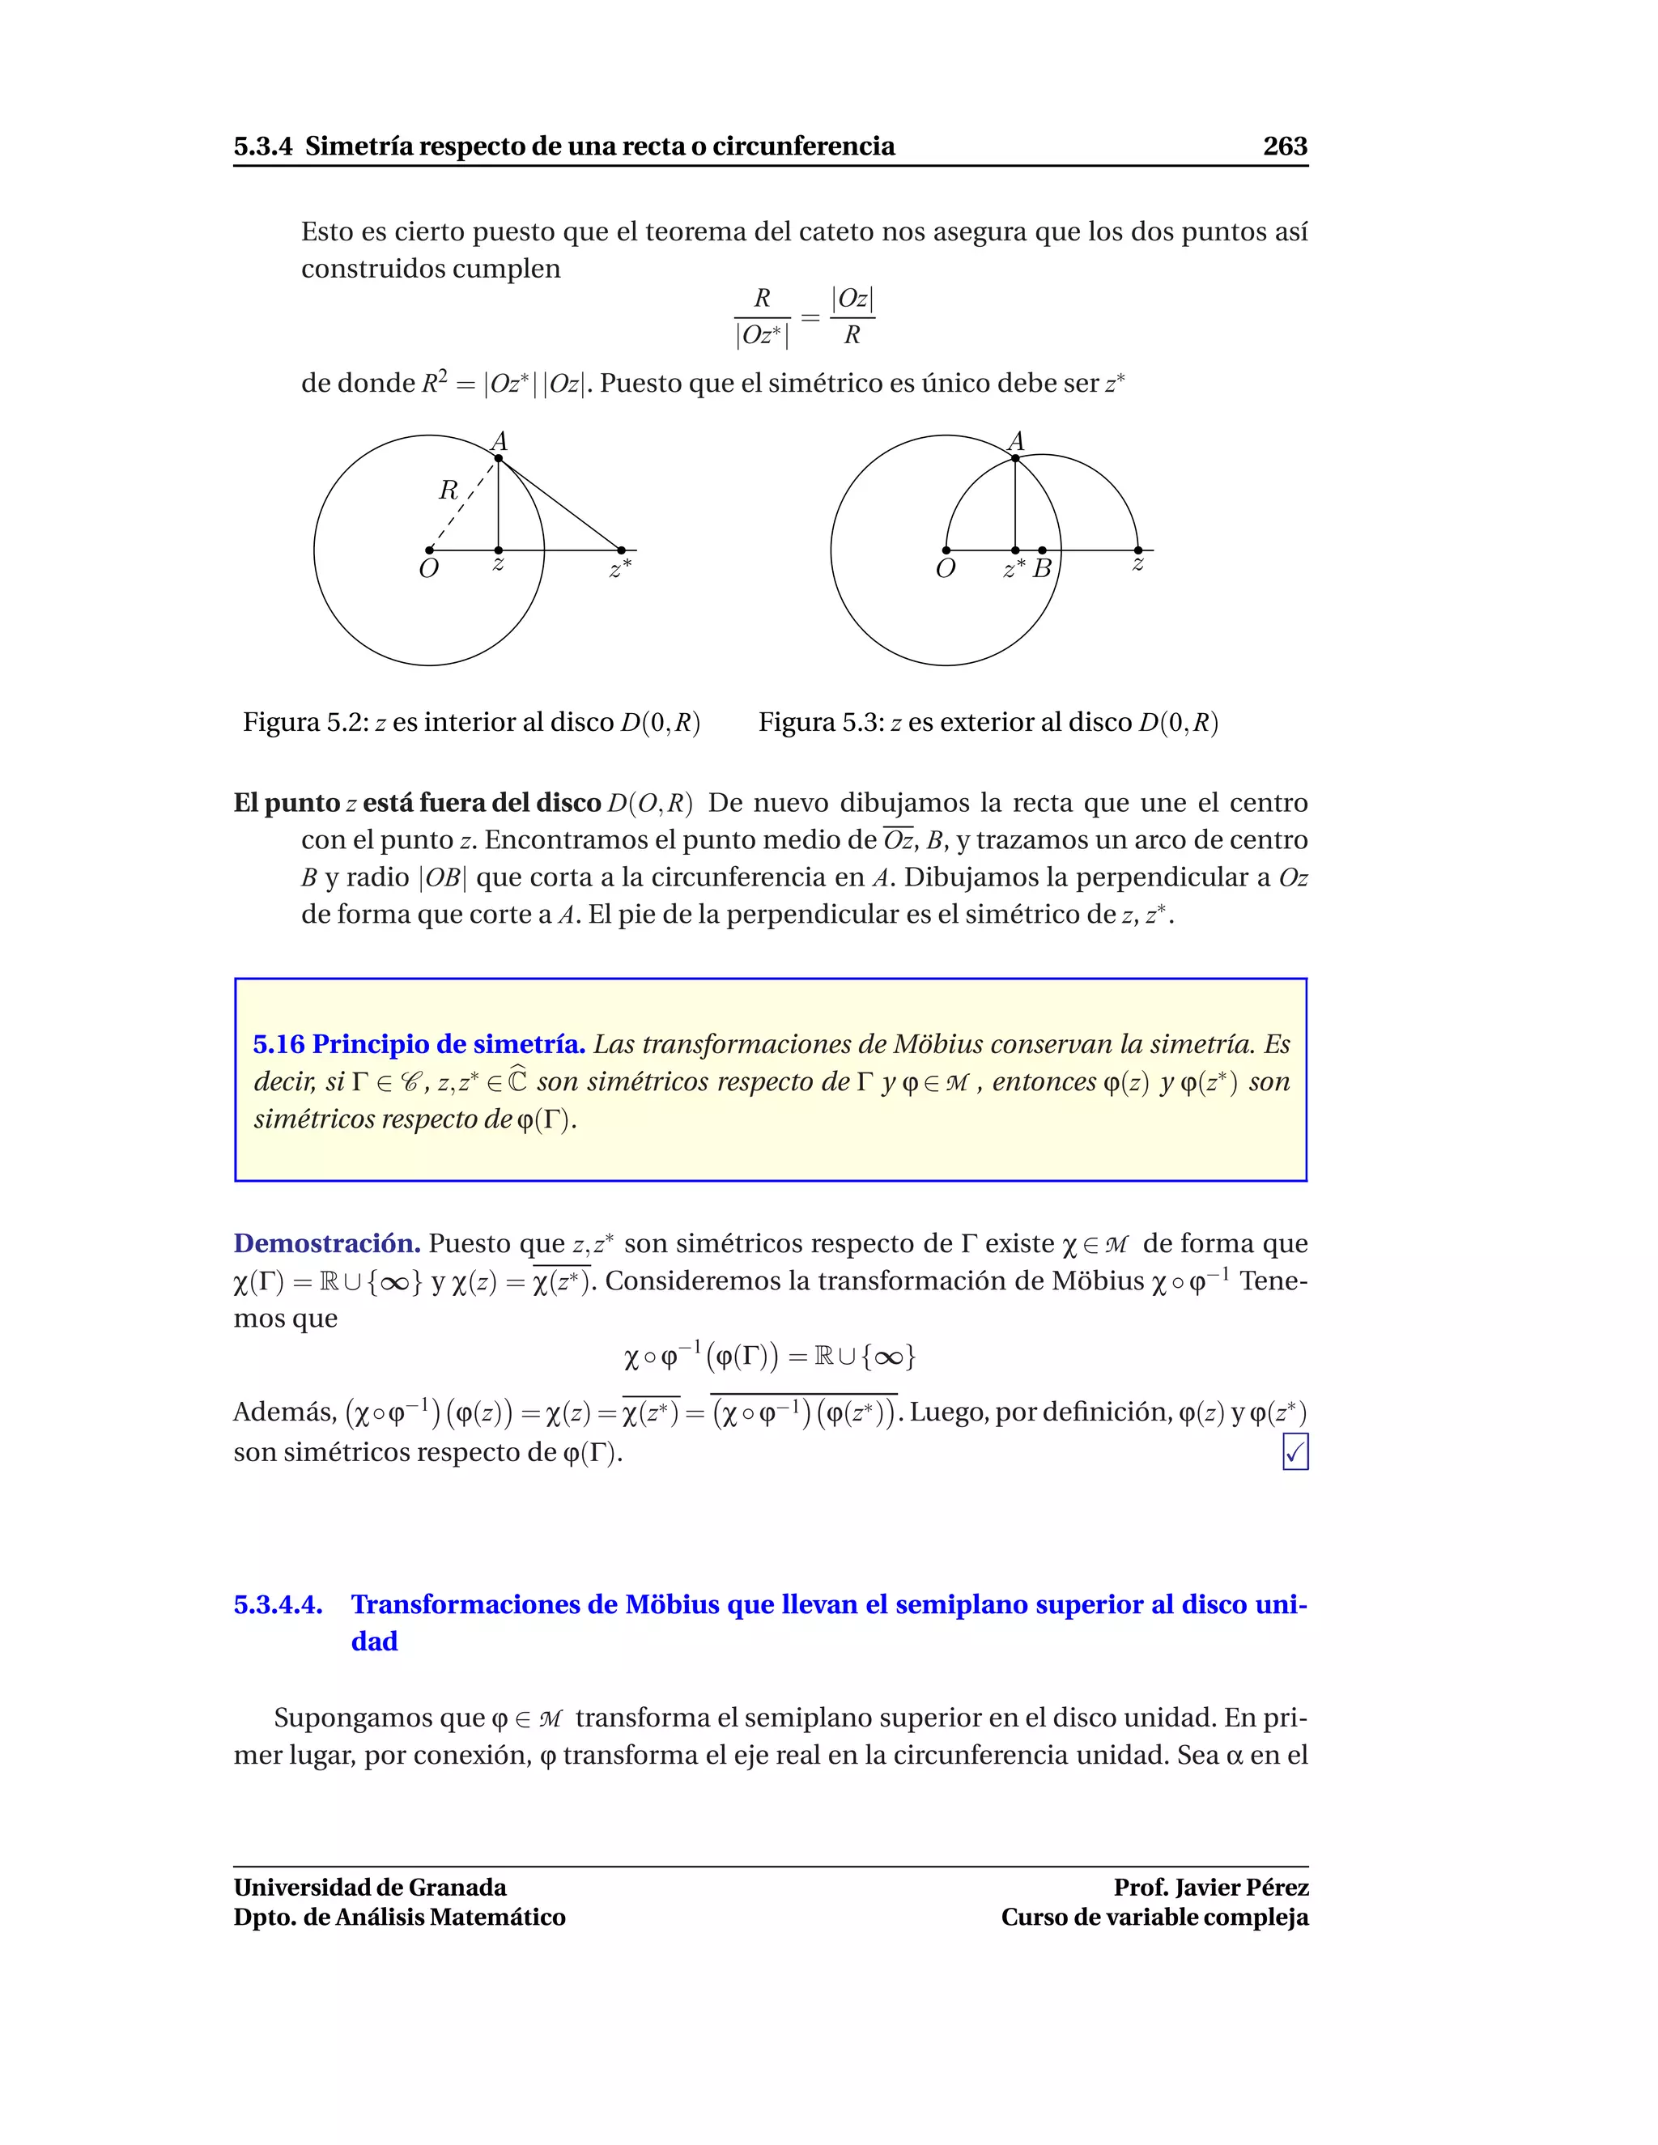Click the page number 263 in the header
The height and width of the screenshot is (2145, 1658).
point(1284,147)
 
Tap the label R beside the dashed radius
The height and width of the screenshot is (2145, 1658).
point(448,489)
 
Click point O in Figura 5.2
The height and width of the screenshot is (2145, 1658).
point(429,550)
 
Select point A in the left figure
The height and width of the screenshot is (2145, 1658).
point(498,457)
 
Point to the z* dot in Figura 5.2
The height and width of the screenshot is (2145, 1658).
point(621,550)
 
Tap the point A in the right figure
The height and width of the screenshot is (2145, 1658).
point(1014,457)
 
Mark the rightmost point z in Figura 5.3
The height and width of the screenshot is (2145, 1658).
point(1137,550)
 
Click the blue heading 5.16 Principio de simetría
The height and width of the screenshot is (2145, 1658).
point(419,1044)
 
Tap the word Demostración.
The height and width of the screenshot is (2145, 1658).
point(327,1243)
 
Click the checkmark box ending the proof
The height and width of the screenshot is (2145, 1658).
point(1295,1451)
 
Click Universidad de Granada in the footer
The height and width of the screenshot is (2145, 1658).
point(370,1887)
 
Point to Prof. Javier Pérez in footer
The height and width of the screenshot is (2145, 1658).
point(1210,1887)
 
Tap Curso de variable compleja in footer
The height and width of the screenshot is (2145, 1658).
point(1154,1917)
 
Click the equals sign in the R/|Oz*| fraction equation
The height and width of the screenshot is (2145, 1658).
point(810,317)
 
